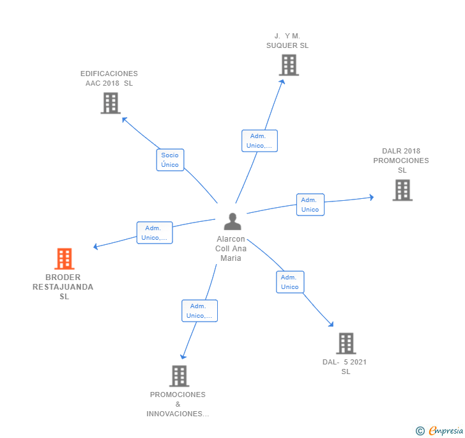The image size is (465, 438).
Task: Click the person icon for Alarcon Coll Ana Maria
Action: pos(232,222)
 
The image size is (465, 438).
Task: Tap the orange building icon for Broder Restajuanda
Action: pos(64,259)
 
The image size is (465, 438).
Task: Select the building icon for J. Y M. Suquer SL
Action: pos(289,65)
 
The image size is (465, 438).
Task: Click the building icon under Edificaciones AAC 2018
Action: pos(111,103)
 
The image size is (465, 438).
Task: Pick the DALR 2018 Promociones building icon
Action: pos(402,190)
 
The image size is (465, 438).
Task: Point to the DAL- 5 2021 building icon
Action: pos(346,343)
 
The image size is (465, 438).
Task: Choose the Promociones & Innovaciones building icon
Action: pos(179,376)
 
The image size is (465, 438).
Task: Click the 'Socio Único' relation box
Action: pos(170,160)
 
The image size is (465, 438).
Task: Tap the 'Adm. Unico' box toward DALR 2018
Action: pos(310,205)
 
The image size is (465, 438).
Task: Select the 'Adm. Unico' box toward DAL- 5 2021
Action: pos(290,282)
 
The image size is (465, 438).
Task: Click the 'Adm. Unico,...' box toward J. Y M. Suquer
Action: pos(259,141)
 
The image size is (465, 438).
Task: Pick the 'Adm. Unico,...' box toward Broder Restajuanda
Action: pos(155,233)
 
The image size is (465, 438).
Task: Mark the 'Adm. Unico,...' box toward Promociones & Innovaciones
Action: pos(199,311)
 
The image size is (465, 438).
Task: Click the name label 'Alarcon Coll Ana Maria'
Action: pos(231,249)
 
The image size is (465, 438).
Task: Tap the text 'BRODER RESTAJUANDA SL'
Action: pos(63,287)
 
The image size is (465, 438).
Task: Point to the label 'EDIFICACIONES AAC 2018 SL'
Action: pos(109,78)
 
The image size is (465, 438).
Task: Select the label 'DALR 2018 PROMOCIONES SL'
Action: pos(401,160)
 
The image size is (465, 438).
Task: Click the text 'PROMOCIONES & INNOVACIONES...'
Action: pos(178,404)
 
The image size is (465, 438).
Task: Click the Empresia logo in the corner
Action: pos(440,431)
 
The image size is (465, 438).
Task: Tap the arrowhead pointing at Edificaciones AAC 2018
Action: pos(124,119)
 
